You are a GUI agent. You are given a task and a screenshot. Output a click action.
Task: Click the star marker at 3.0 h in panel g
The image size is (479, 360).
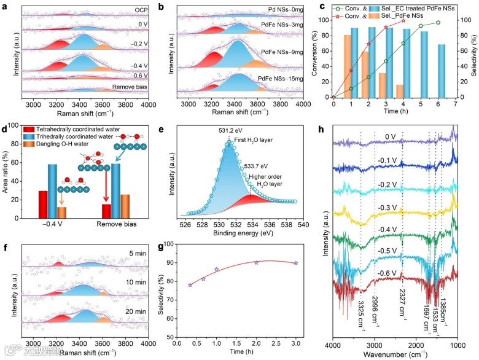tap(296, 263)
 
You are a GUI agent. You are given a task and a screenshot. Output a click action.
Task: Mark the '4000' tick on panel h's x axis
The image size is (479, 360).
tap(334, 346)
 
